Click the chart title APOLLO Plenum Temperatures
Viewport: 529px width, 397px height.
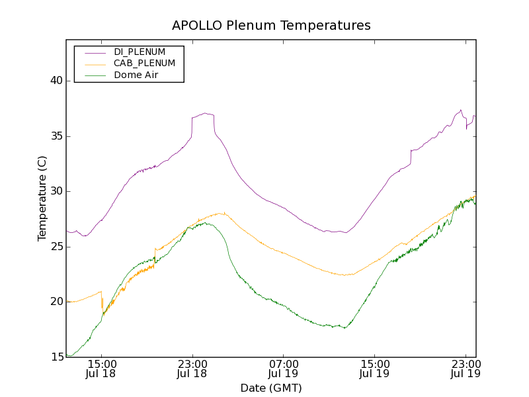[271, 26]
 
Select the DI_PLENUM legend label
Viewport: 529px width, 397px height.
[140, 52]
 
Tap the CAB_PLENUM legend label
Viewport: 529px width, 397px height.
[144, 64]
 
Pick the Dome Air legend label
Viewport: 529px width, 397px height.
[136, 75]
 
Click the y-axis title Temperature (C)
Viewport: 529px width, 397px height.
[42, 198]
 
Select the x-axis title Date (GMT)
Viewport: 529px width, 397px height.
[271, 388]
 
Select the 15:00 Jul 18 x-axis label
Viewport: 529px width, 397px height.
[101, 369]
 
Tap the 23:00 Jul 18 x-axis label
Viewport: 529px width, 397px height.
[192, 369]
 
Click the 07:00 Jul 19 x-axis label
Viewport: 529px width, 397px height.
[284, 369]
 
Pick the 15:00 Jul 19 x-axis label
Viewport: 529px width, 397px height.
[374, 369]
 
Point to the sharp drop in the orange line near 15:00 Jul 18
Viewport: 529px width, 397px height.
[102, 301]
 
